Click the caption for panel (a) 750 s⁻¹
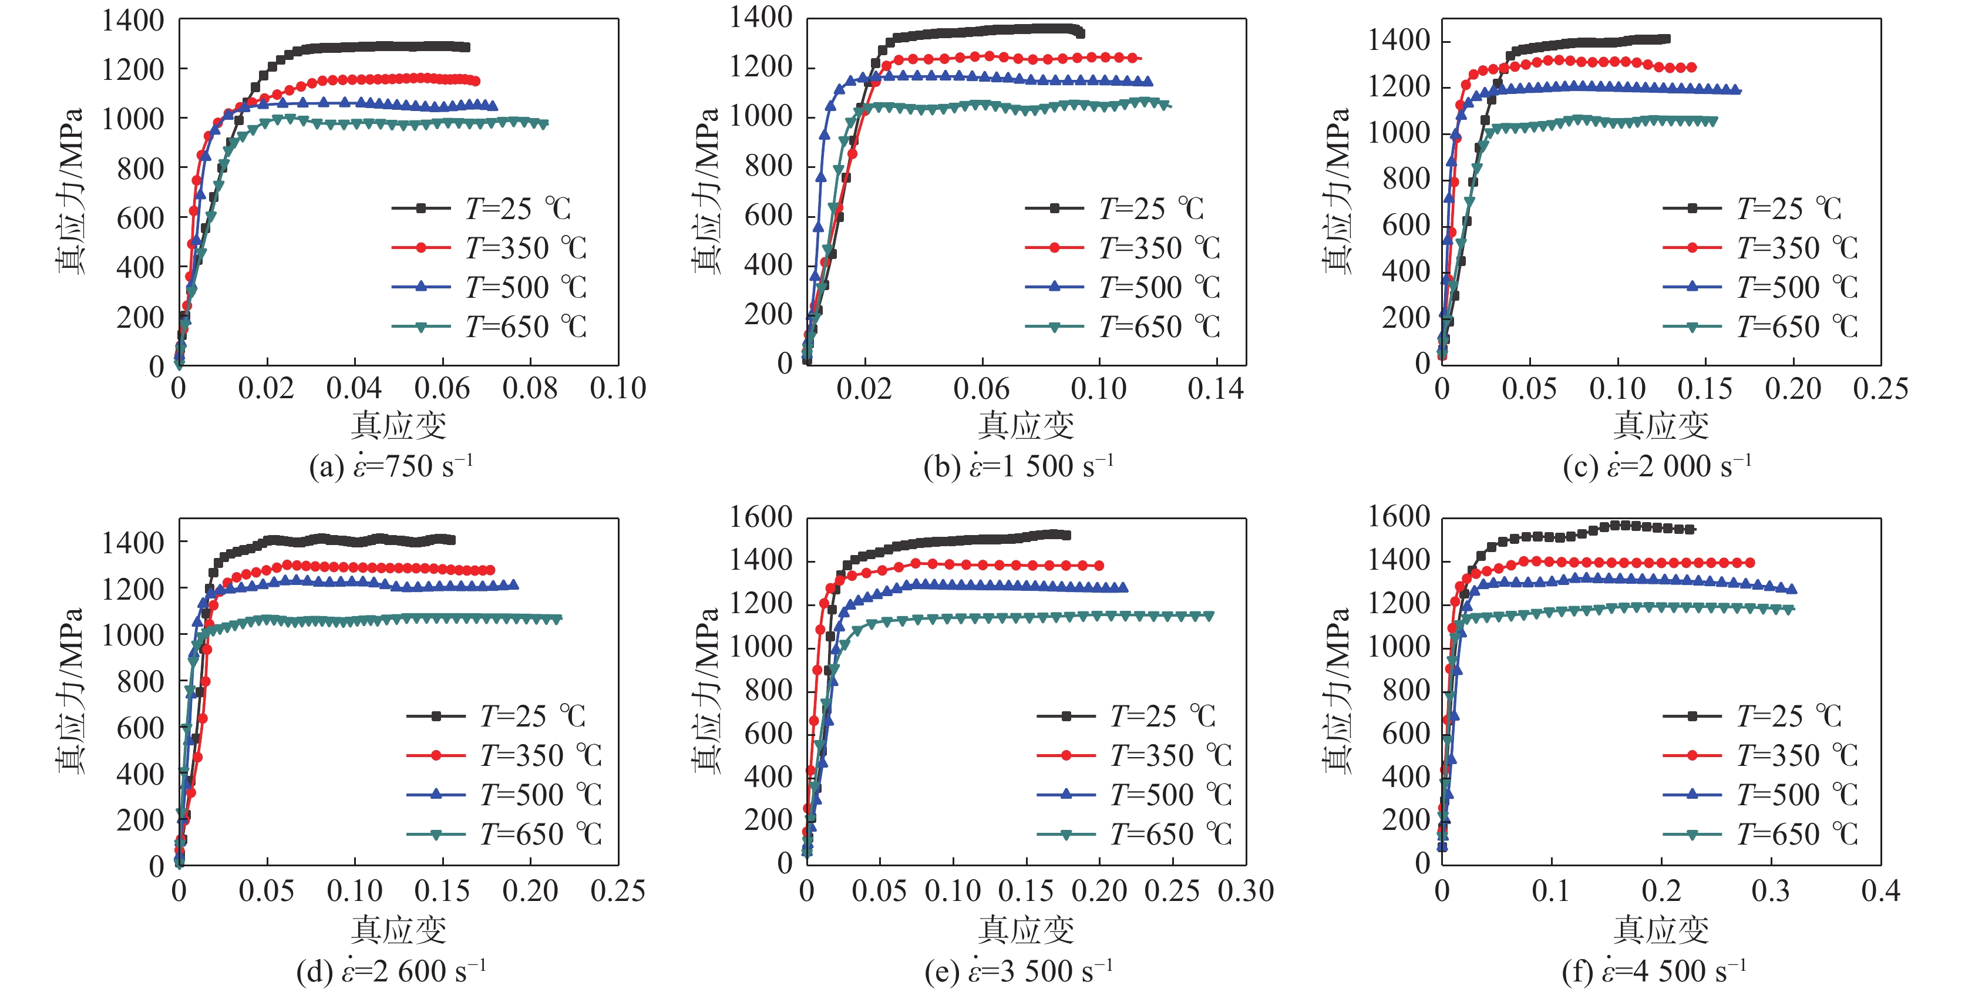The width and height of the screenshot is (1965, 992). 391,466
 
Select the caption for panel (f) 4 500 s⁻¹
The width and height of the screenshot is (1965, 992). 1654,971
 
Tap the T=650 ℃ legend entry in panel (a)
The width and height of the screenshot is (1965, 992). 488,327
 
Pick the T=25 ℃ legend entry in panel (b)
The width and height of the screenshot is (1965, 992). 1113,207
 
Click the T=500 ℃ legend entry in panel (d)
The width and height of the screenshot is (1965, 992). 503,794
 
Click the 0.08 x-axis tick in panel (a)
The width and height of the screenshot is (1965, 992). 530,388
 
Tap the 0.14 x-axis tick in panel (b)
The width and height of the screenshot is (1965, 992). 1215,388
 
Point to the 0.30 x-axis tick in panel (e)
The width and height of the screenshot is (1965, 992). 1246,890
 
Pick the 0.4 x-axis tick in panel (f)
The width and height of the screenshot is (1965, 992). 1880,890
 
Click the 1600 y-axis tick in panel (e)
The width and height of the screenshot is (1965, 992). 761,517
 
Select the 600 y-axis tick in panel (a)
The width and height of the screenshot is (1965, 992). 140,218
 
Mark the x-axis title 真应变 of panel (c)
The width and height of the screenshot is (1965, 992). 1661,425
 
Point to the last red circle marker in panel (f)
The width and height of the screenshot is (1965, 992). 1750,563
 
